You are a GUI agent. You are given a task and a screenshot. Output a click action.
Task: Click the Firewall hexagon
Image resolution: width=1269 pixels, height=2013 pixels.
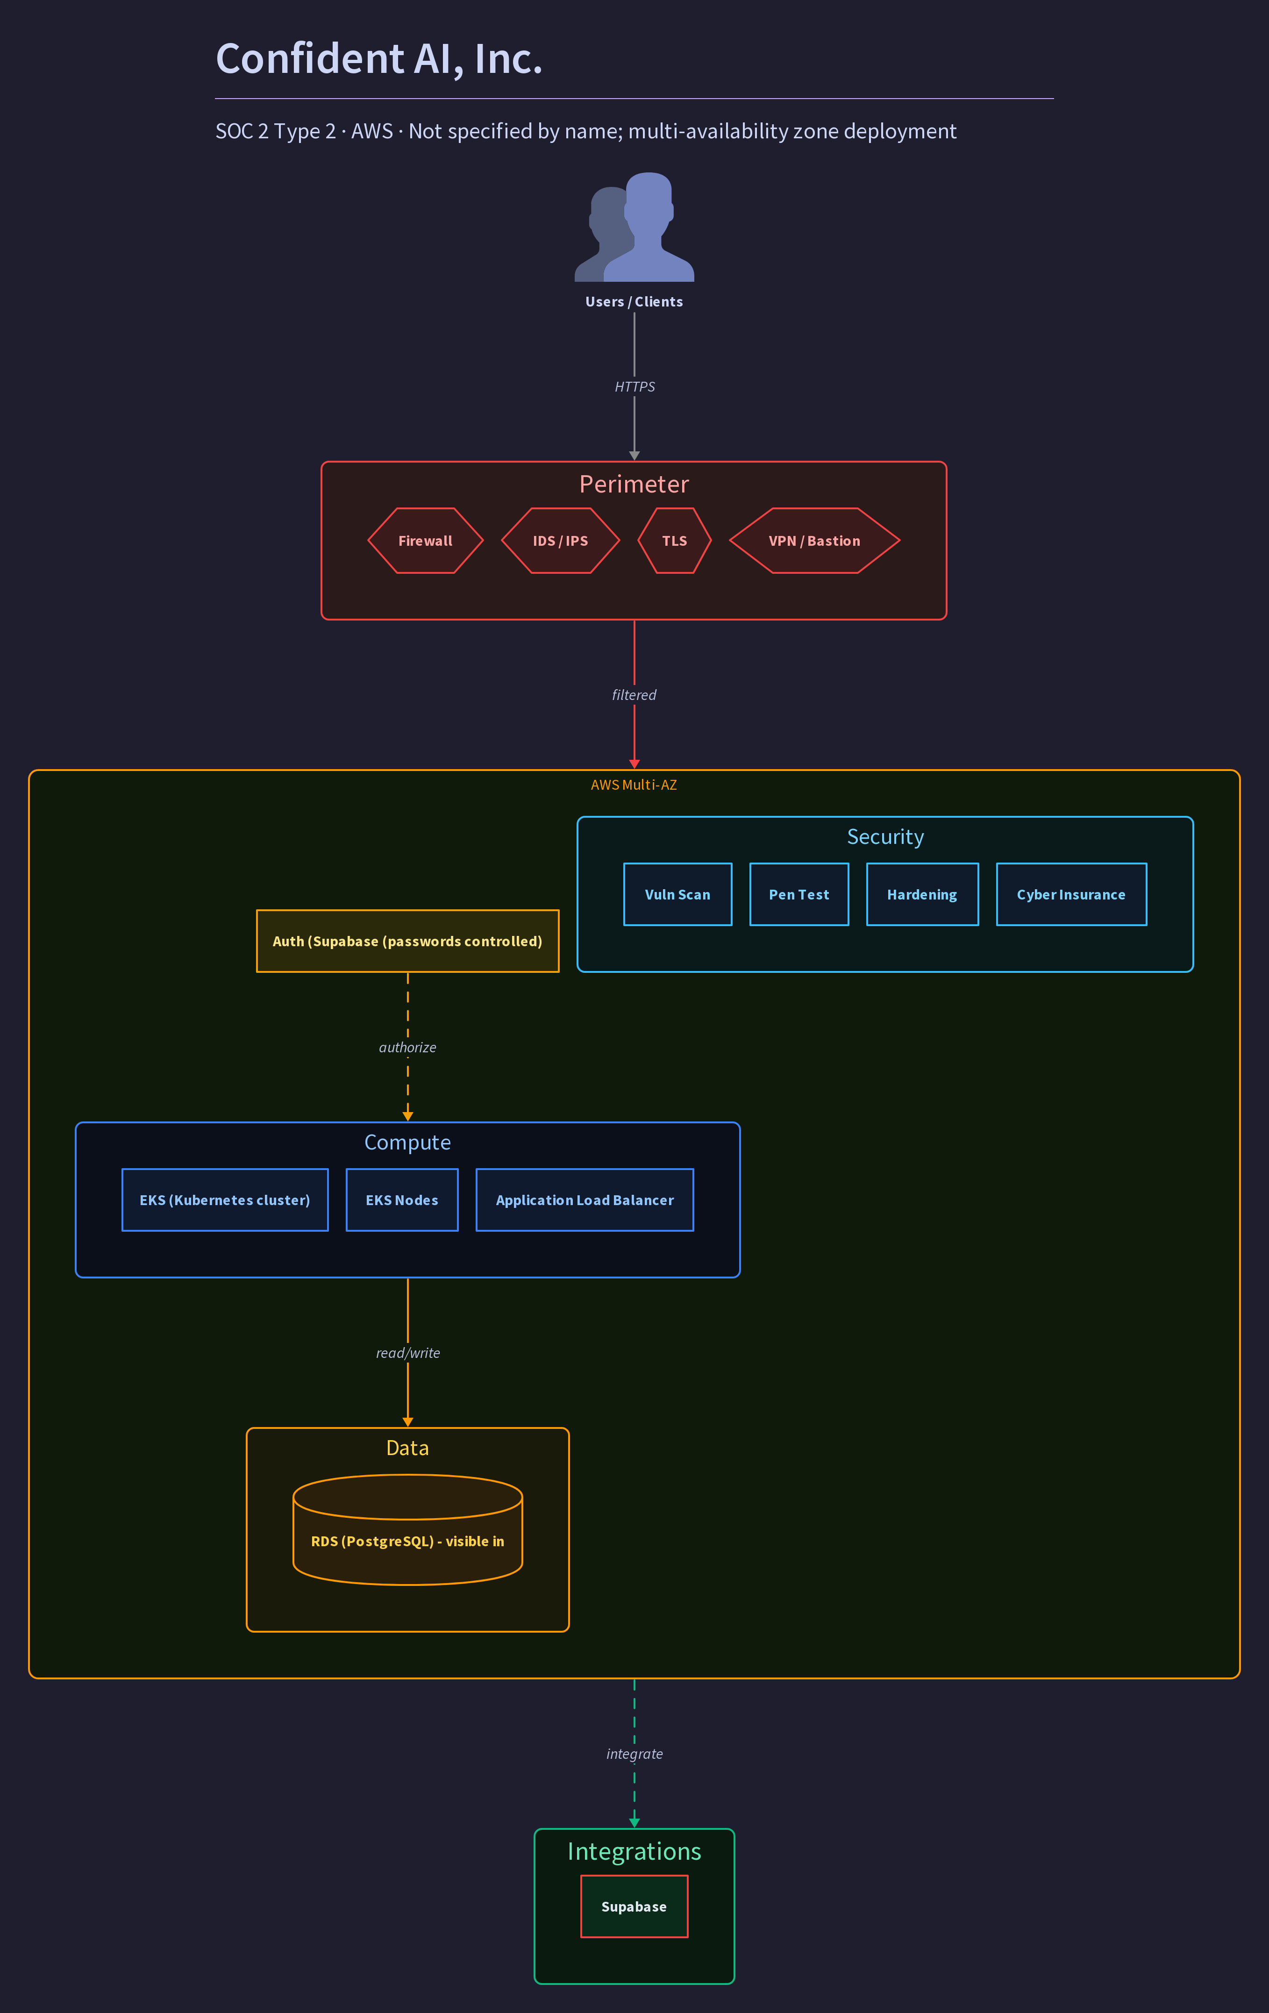(x=426, y=541)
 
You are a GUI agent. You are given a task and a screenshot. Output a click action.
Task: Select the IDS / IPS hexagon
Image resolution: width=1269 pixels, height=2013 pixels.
(x=560, y=541)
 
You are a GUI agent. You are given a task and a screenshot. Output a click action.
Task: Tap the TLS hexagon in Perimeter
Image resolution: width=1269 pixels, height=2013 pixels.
(x=675, y=541)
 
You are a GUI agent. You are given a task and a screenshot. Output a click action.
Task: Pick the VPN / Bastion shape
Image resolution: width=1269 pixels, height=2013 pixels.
(x=814, y=541)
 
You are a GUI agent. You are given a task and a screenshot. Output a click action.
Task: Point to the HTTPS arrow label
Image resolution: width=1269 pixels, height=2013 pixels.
(x=634, y=386)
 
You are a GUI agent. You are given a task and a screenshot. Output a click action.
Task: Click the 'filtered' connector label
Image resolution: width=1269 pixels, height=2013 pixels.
(x=634, y=695)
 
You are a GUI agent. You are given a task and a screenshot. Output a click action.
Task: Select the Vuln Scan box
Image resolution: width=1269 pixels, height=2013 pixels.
(x=678, y=894)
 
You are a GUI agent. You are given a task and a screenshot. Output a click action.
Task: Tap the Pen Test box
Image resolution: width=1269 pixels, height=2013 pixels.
(x=799, y=894)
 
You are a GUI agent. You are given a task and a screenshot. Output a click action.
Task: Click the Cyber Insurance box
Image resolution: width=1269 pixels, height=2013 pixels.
(x=1072, y=894)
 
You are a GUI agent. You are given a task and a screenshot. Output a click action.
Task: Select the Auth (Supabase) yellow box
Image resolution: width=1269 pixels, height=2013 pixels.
(x=408, y=941)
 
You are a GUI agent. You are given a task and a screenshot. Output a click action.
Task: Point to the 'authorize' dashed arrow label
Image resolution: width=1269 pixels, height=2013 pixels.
(x=408, y=1048)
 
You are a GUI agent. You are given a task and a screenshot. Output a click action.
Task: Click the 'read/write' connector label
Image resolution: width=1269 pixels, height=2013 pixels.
(x=408, y=1353)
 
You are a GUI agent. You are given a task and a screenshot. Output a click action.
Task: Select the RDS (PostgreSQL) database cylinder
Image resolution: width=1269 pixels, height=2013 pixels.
(x=408, y=1530)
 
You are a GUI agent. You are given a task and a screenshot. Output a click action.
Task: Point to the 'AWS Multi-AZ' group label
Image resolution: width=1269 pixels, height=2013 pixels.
(x=634, y=785)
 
